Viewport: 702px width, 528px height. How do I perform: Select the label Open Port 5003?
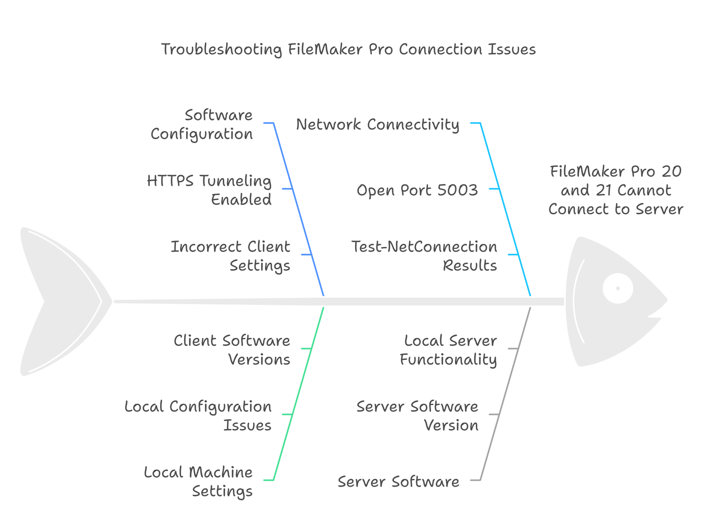pos(417,190)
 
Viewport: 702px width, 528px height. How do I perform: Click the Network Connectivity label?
pos(377,124)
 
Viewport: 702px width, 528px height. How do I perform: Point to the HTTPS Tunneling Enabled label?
pos(209,190)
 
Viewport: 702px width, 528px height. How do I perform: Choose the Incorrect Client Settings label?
pos(230,256)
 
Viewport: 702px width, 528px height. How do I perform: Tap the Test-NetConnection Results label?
pos(424,256)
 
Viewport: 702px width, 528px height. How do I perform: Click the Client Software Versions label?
pos(232,350)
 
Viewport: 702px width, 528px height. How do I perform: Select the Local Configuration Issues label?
pos(198,416)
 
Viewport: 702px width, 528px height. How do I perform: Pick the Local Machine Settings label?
pos(198,481)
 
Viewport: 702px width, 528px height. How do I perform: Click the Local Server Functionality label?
pos(448,350)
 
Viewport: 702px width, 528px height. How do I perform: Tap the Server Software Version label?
pos(417,416)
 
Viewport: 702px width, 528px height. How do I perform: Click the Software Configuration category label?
pos(202,124)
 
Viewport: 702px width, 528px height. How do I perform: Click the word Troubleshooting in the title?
pos(221,50)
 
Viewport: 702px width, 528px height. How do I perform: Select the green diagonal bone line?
pos(298,394)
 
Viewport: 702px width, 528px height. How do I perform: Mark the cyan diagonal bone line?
pos(506,209)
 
